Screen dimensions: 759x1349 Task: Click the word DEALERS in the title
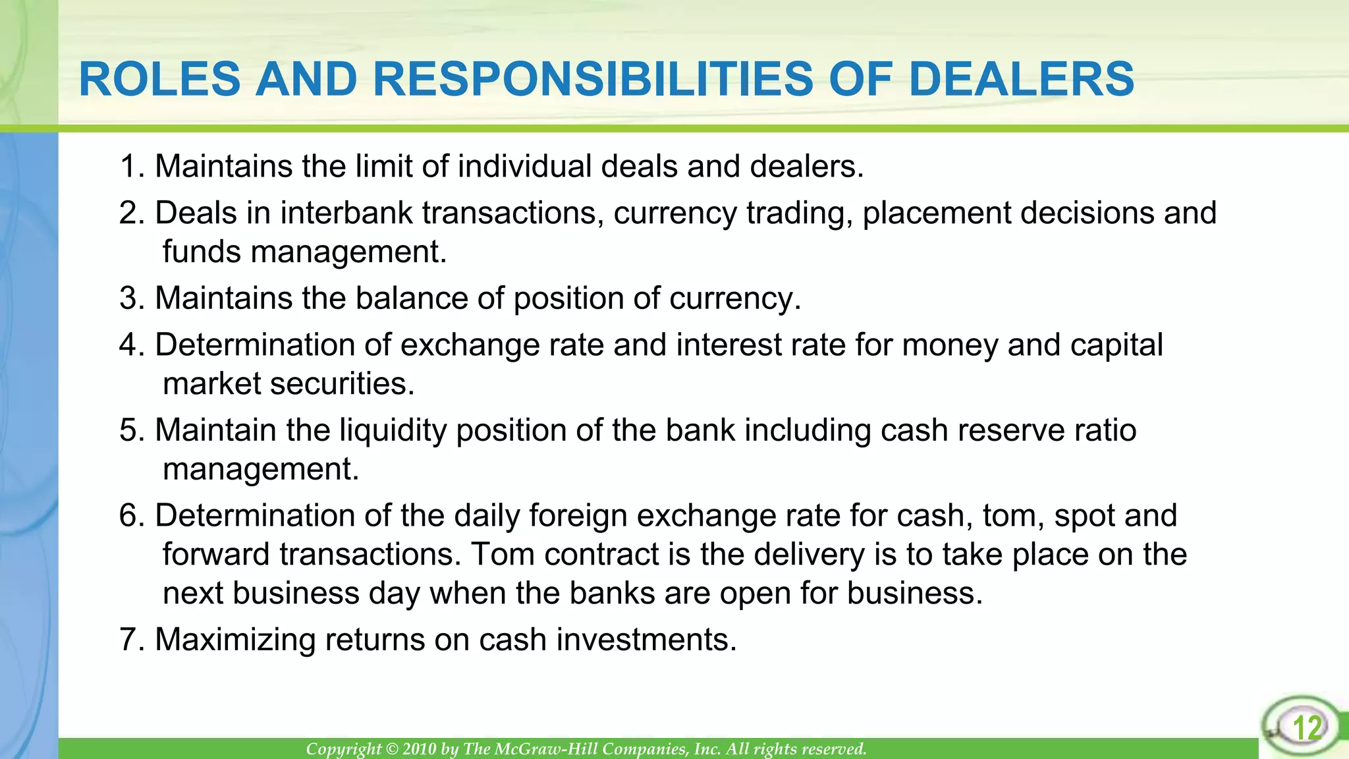point(1021,79)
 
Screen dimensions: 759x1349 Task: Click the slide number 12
point(1307,728)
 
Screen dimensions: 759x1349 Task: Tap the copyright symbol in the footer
point(392,749)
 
